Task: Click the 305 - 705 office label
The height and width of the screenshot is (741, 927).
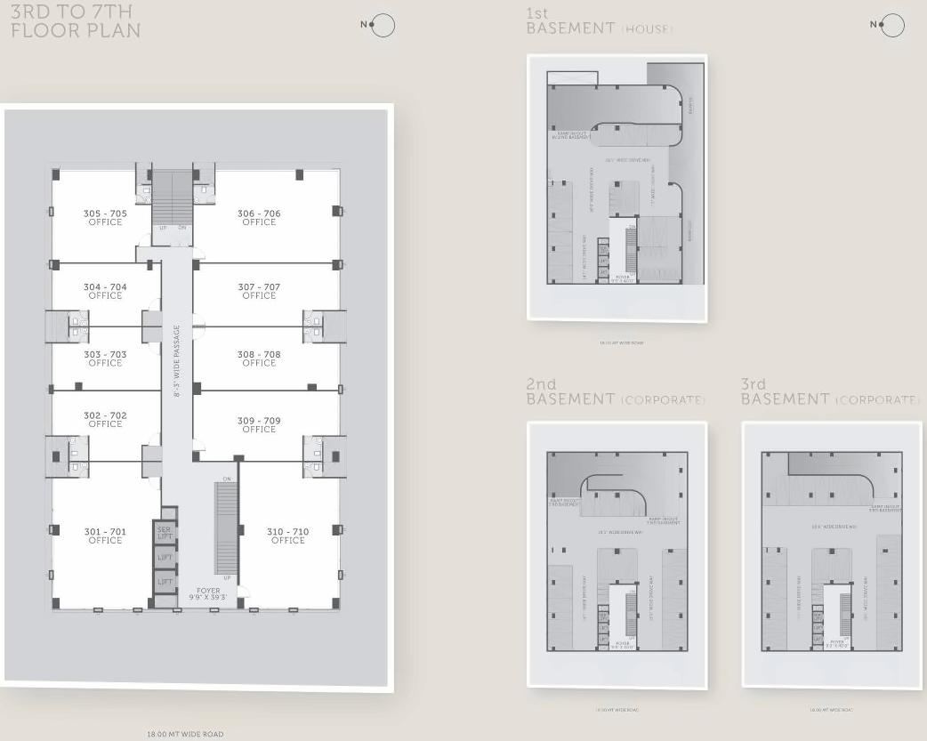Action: click(105, 218)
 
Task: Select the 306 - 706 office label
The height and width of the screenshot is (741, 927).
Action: click(259, 218)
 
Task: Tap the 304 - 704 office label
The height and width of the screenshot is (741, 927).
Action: click(105, 292)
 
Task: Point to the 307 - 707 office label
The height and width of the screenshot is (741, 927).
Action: click(259, 292)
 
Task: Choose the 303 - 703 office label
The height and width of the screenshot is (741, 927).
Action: click(105, 358)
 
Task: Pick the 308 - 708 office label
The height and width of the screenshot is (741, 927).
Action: click(259, 358)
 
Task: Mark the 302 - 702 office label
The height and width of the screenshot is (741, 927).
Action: click(105, 420)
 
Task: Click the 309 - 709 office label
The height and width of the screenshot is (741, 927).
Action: click(259, 425)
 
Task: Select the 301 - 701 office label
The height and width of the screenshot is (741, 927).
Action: click(105, 536)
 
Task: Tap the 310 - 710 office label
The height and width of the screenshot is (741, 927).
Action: click(288, 536)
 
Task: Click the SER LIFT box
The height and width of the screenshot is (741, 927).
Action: click(165, 534)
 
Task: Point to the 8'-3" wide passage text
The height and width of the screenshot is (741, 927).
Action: click(177, 361)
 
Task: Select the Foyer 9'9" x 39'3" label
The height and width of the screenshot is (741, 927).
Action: click(208, 594)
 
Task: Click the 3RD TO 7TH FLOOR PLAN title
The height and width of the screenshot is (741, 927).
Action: click(75, 22)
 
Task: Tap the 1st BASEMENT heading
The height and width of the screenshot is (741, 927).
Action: click(599, 21)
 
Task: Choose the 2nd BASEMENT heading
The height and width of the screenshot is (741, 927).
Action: click(615, 392)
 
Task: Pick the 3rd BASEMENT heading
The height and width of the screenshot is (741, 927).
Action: click(829, 392)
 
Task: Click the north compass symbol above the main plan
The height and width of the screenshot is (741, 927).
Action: click(382, 26)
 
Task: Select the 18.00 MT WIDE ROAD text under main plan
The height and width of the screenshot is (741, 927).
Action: click(185, 734)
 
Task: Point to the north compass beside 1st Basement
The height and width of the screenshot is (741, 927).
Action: click(891, 26)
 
